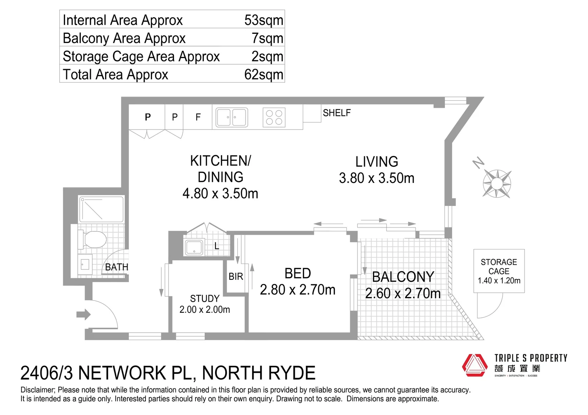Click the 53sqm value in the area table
(x=264, y=20)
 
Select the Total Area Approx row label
(x=115, y=75)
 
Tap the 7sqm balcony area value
(x=267, y=38)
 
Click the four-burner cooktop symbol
(x=274, y=117)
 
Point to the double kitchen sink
(x=231, y=117)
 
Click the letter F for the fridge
(x=198, y=117)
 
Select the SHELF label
(x=337, y=113)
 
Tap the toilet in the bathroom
(x=93, y=239)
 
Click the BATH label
(x=117, y=267)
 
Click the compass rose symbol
(x=497, y=184)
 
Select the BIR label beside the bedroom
(x=236, y=277)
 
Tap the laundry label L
(x=217, y=246)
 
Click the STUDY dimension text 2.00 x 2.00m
(x=205, y=310)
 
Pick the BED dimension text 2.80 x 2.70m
(x=297, y=290)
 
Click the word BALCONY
(x=403, y=277)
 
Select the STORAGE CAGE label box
(x=499, y=271)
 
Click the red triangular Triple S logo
(x=474, y=365)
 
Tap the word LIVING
(x=376, y=162)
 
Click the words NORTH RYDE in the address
(x=259, y=373)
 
